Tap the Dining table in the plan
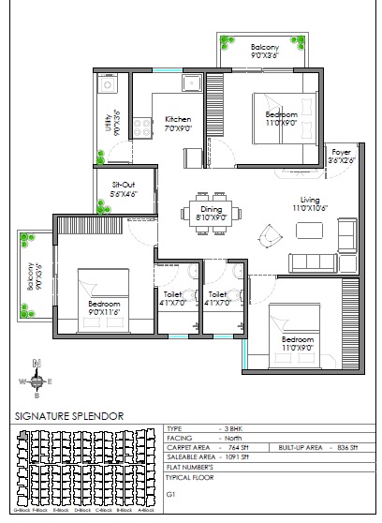[x=211, y=212]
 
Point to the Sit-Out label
[x=125, y=190]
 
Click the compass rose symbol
[x=36, y=381]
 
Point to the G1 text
[x=171, y=492]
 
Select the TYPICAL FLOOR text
[x=190, y=477]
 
